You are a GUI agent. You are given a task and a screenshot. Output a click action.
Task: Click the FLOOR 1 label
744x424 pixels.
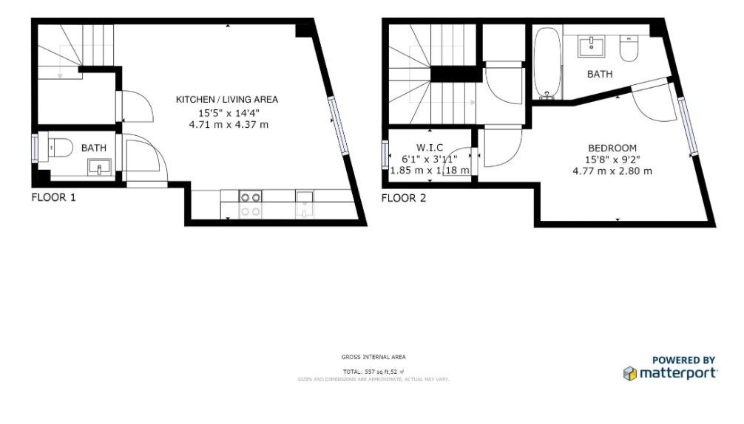pos(53,197)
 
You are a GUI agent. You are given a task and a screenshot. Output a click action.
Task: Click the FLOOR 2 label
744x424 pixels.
pos(404,198)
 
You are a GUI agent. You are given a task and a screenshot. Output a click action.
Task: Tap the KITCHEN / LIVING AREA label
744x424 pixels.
pos(226,100)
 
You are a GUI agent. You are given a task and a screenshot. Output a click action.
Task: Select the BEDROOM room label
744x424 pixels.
pos(612,148)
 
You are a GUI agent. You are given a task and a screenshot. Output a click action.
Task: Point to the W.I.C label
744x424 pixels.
pos(429,147)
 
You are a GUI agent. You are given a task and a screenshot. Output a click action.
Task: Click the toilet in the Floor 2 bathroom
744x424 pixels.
pos(629,49)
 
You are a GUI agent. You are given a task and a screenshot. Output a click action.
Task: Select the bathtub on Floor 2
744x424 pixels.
pos(547,64)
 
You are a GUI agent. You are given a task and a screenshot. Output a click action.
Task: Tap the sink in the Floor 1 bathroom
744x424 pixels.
pos(99,168)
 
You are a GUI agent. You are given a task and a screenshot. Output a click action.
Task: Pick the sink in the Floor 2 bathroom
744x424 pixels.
pos(591,47)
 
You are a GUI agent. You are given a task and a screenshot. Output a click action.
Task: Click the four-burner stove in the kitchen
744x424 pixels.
pos(251,204)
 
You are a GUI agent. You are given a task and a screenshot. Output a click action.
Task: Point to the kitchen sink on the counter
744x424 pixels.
pos(305,204)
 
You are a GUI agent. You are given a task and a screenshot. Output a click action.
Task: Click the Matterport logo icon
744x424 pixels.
pos(630,373)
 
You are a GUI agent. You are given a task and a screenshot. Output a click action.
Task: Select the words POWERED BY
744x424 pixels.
pos(683,360)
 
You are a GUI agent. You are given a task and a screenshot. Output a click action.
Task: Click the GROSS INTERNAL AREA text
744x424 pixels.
pos(373,357)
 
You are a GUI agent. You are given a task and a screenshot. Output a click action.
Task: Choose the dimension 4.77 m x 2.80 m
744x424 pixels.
pos(612,171)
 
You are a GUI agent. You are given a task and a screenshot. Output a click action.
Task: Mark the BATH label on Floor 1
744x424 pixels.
pos(94,148)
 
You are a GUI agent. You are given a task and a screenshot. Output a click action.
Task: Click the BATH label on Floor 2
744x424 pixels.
pos(600,74)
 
